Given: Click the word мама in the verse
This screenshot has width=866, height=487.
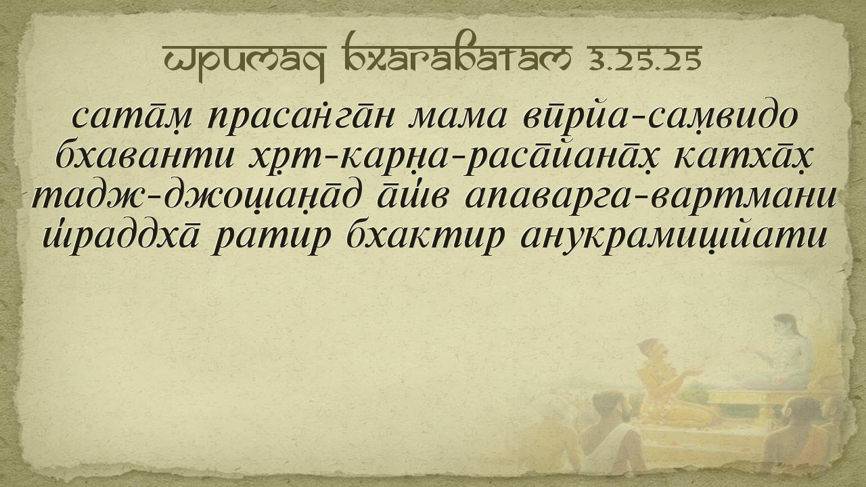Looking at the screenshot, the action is tap(457, 118).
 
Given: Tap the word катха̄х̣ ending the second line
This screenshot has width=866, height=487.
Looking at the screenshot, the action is tap(744, 158).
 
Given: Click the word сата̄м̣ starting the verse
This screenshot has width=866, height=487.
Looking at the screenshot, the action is tap(131, 117).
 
